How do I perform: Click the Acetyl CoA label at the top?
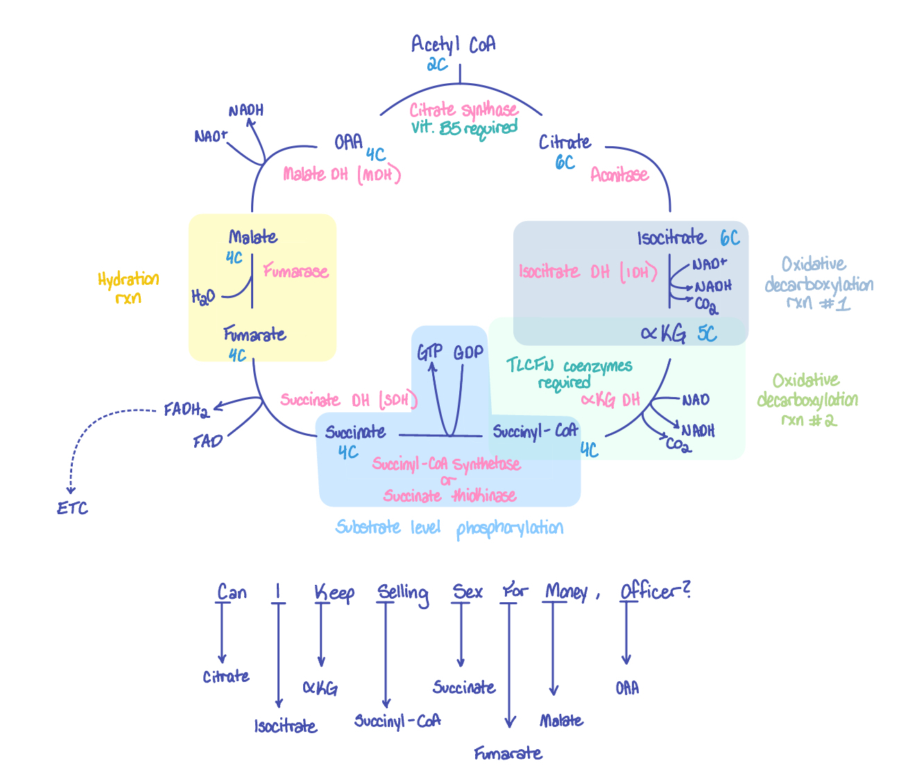453,45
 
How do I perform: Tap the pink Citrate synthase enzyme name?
463,110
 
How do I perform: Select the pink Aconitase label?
619,175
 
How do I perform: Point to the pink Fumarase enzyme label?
295,272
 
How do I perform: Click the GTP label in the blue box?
429,352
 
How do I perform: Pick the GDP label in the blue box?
468,352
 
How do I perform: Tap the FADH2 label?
186,410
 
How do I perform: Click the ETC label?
73,509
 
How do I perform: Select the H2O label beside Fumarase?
203,297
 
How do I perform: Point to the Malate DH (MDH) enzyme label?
342,175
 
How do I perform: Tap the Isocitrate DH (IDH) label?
588,272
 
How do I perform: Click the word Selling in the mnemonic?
402,593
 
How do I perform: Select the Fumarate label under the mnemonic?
508,753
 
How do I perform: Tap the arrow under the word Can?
222,634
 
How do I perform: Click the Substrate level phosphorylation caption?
449,528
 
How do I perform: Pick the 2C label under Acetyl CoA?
437,65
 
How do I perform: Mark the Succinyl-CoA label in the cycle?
535,432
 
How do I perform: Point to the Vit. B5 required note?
464,128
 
